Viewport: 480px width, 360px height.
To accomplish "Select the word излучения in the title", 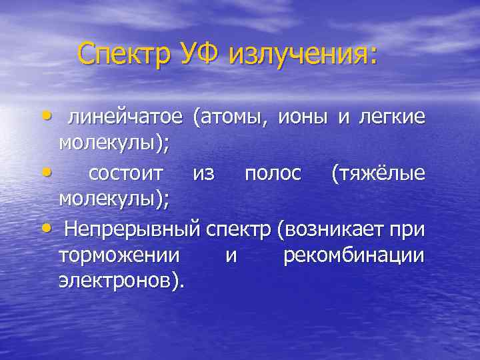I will click(303, 53).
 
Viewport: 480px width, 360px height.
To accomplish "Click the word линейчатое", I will click(125, 117).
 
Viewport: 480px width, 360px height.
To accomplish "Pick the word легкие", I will click(392, 117).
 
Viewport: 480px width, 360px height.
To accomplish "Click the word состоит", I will click(125, 174).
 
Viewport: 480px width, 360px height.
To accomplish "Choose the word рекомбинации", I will click(354, 256).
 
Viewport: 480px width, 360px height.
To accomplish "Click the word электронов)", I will click(122, 281).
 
